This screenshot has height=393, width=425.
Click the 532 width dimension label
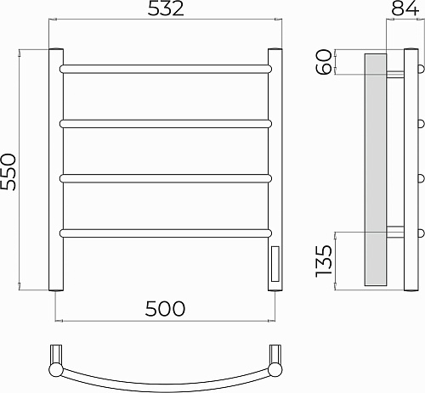(166, 8)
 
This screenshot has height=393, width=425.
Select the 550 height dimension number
(8, 171)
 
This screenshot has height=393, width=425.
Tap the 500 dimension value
(165, 308)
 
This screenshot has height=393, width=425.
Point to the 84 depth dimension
(405, 8)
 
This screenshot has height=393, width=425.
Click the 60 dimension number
(324, 62)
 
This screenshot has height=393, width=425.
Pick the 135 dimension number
(324, 261)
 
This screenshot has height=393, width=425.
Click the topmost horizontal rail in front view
(166, 69)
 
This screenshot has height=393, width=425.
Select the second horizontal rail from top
(166, 124)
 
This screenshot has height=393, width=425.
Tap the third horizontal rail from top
(166, 178)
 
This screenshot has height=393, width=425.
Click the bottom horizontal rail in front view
(166, 233)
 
